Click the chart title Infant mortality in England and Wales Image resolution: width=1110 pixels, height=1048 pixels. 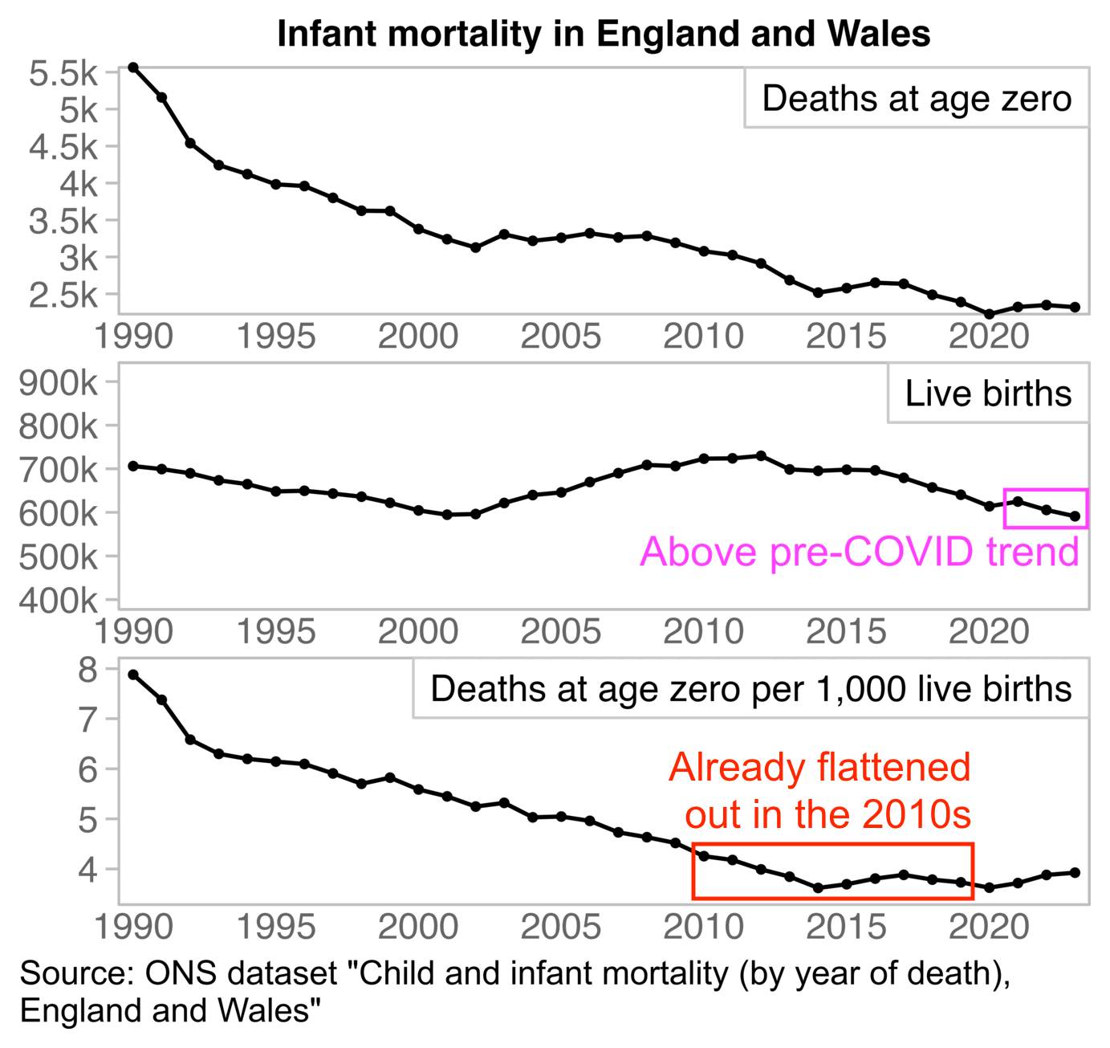(604, 35)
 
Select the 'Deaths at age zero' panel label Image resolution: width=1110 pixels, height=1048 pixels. (917, 99)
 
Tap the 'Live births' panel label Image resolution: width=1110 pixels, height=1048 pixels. (988, 394)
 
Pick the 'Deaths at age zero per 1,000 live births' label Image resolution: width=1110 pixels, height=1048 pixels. (750, 689)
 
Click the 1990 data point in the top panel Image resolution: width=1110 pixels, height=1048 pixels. (133, 67)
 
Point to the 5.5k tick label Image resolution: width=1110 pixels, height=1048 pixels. (63, 74)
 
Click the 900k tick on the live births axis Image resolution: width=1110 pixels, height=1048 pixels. (58, 383)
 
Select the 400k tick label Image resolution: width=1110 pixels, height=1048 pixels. (58, 600)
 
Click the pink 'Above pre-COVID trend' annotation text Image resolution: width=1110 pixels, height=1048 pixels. (859, 553)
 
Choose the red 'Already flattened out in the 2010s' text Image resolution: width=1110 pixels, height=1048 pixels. (820, 790)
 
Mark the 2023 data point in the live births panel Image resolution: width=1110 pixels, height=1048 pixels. (1075, 516)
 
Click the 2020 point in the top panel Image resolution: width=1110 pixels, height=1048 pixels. (990, 314)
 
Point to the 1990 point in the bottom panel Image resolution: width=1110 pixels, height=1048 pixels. (133, 675)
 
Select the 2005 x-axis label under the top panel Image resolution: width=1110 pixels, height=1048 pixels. (560, 336)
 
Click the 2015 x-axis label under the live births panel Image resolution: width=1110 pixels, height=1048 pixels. (846, 632)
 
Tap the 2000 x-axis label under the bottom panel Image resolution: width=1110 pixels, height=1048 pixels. (418, 928)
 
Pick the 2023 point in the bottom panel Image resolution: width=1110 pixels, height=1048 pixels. (1075, 872)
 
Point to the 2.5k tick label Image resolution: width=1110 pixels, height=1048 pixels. (63, 296)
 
